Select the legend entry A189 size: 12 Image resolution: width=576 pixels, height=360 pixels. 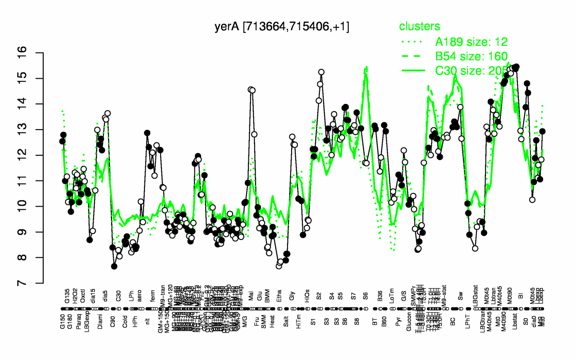pos(471,42)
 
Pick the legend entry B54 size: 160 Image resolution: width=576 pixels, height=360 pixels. pos(471,56)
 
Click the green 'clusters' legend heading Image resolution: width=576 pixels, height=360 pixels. pos(420,27)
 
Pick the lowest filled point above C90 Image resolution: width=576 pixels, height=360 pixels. pos(114,266)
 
